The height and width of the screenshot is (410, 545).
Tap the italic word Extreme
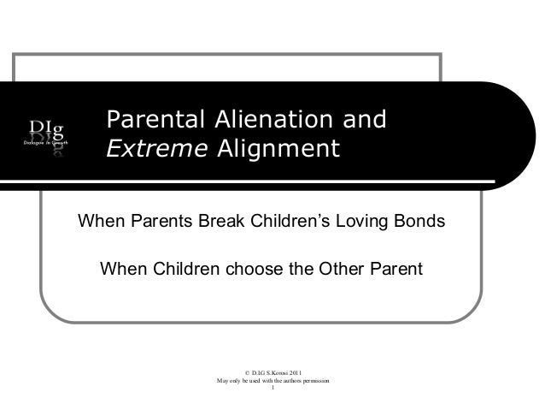pos(155,150)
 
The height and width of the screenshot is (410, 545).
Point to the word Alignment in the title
pos(277,150)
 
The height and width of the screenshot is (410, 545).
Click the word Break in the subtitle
pos(225,223)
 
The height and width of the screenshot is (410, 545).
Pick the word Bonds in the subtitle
pos(421,223)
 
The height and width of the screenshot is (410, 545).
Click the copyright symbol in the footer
pos(247,372)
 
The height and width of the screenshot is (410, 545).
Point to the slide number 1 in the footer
pos(272,389)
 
